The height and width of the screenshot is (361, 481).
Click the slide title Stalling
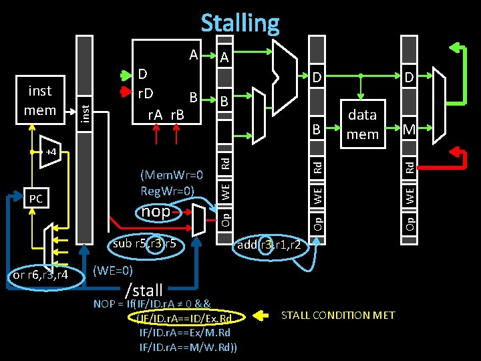tap(240, 23)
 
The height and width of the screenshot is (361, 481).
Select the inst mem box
tap(39, 100)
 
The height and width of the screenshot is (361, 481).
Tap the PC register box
tap(35, 199)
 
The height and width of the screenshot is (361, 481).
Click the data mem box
tap(362, 124)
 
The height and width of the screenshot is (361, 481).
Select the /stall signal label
tap(144, 290)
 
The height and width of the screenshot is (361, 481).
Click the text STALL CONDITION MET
tap(338, 315)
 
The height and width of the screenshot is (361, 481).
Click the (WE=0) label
tap(113, 270)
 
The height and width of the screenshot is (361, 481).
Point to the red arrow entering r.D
tap(125, 92)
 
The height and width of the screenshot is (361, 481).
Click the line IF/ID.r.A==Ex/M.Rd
tap(184, 332)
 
